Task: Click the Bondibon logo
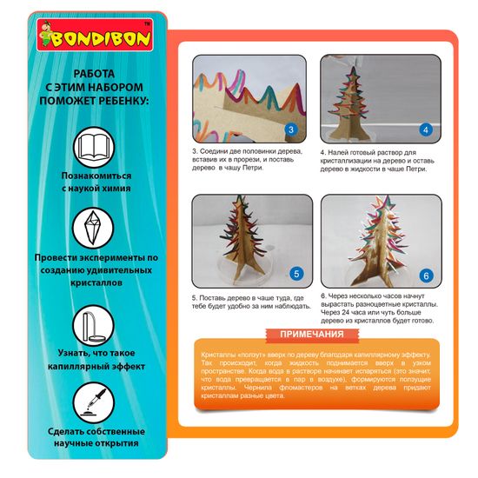pos(95,35)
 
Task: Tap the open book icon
pos(94,148)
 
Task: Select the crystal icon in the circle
pos(93,228)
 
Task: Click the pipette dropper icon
pos(94,402)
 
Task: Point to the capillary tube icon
pos(93,326)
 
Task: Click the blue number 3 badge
pos(291,129)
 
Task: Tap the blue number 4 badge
pos(426,129)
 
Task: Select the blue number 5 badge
pos(296,274)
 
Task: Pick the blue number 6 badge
pos(426,276)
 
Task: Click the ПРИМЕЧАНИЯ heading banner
pos(312,335)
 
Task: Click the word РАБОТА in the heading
pos(94,74)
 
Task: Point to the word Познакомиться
pos(96,176)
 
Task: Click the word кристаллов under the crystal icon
pos(96,283)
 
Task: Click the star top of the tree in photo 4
pos(354,71)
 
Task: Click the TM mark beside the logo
pos(147,23)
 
